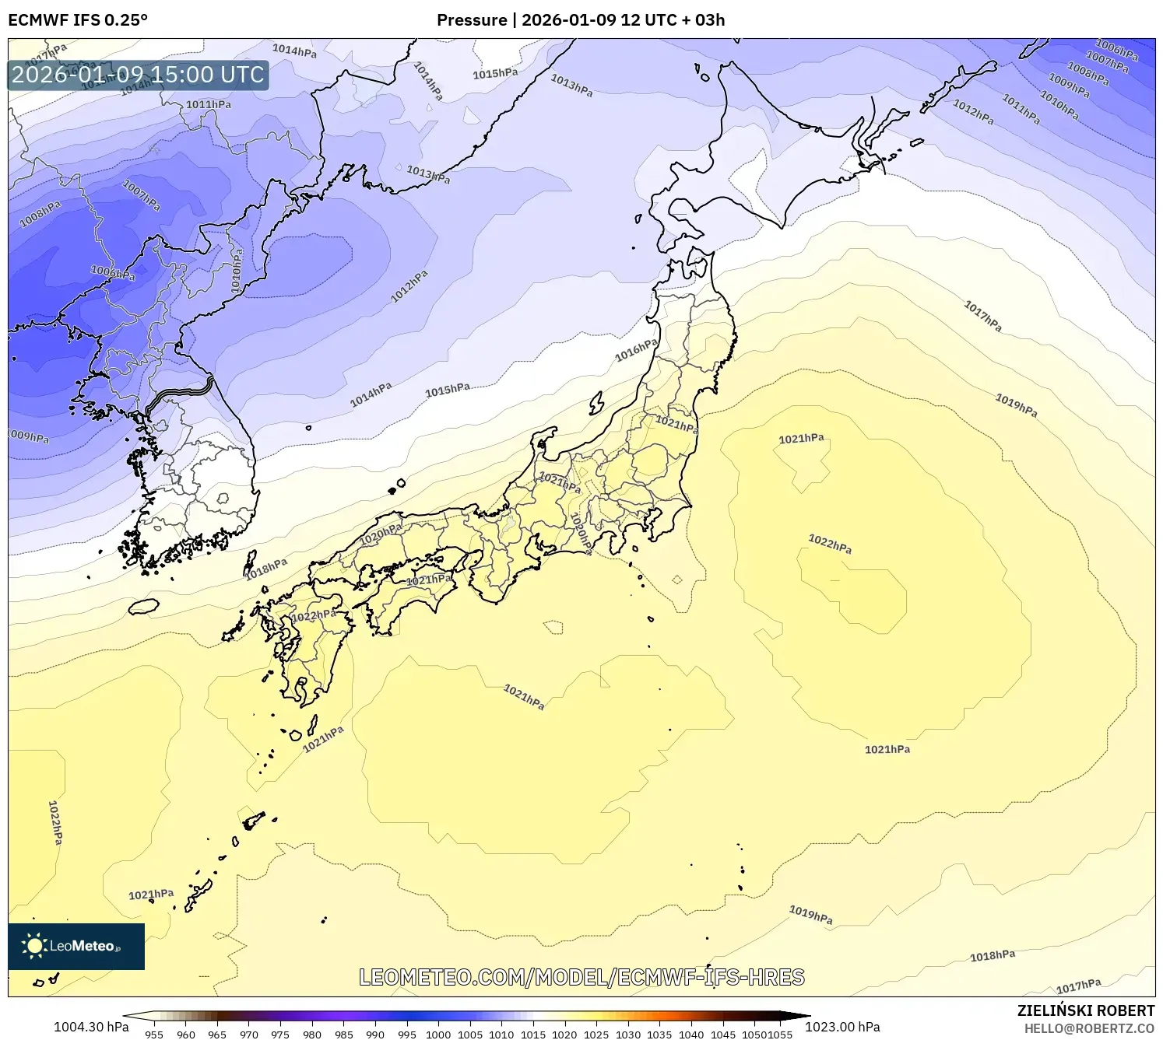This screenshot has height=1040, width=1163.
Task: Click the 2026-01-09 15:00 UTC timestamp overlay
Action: click(138, 75)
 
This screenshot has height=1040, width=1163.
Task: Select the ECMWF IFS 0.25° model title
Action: click(78, 20)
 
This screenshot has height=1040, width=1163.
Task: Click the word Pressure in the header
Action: click(472, 20)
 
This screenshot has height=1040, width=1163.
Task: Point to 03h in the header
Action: click(710, 20)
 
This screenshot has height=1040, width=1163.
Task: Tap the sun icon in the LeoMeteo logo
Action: click(34, 946)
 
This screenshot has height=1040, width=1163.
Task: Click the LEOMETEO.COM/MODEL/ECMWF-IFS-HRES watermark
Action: click(581, 977)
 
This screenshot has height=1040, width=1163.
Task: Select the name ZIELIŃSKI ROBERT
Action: click(1085, 1010)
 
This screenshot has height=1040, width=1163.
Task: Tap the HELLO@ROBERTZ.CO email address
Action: click(1089, 1028)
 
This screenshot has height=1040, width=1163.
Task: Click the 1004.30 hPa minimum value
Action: click(91, 1027)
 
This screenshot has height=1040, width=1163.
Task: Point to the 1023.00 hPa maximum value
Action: click(842, 1027)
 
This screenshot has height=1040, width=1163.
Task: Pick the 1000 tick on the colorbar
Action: click(438, 1035)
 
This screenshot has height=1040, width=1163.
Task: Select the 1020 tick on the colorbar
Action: click(564, 1035)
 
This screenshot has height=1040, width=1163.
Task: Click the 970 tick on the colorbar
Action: click(249, 1035)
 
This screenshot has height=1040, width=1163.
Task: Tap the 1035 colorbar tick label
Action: click(659, 1035)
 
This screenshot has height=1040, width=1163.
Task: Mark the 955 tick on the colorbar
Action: click(154, 1035)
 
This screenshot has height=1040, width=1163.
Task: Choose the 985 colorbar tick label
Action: click(343, 1035)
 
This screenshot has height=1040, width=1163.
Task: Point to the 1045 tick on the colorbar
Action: click(722, 1035)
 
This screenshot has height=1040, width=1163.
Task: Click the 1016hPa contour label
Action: click(636, 351)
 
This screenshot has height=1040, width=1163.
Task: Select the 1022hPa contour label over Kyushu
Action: click(314, 616)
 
